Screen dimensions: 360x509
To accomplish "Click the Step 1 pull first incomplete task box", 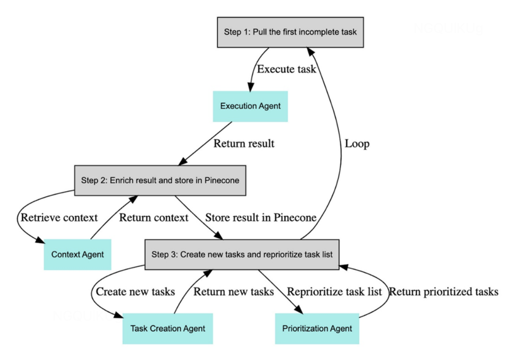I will click(x=290, y=32).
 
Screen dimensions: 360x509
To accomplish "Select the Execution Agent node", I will click(x=250, y=106).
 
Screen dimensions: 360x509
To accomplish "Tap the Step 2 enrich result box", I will click(x=160, y=180).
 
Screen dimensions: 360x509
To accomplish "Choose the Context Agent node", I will click(x=77, y=254).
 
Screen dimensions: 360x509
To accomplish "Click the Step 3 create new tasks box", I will click(x=242, y=254).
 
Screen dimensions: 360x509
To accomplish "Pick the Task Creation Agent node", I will click(x=168, y=328).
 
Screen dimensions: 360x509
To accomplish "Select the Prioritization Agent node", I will click(x=317, y=328).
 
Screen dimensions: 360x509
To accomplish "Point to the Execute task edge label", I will click(x=286, y=69).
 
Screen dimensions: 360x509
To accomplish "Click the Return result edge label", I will click(x=244, y=143).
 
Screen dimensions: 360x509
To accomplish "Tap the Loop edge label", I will click(x=357, y=144).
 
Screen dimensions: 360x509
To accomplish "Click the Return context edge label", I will click(x=154, y=217).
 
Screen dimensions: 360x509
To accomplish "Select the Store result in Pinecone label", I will click(x=261, y=217).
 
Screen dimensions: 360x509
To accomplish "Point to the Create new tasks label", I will click(x=135, y=292).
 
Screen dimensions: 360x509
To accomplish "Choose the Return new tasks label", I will click(x=234, y=292).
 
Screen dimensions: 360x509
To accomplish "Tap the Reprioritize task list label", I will click(x=334, y=292).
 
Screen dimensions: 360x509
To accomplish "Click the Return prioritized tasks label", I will click(x=444, y=292).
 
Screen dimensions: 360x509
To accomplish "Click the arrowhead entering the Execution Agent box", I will click(x=250, y=88).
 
